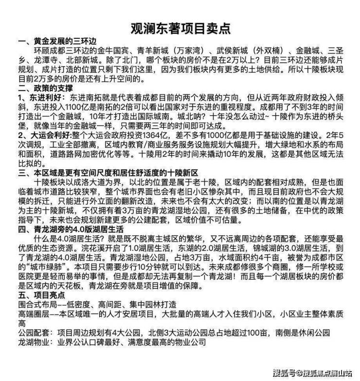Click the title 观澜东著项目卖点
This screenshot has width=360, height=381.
click(x=180, y=27)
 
